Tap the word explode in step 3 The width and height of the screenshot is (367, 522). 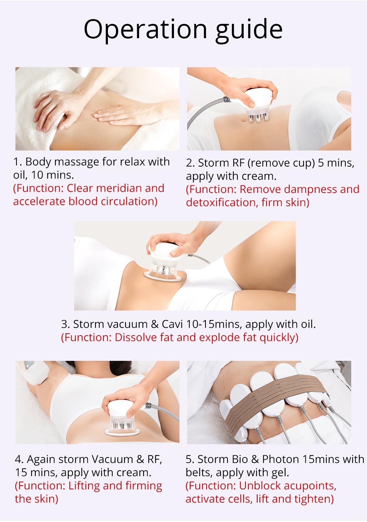[219, 338]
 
